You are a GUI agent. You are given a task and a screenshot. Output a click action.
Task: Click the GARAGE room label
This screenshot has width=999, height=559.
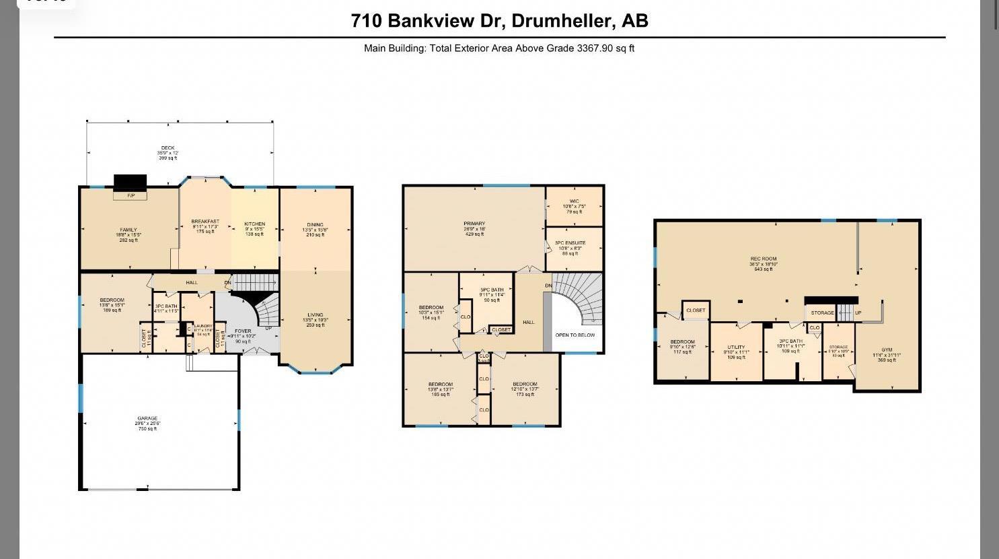pyautogui.click(x=149, y=418)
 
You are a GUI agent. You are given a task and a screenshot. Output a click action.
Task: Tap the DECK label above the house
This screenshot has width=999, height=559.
pyautogui.click(x=168, y=148)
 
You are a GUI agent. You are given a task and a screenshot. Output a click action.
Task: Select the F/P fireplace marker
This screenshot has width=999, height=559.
pyautogui.click(x=131, y=195)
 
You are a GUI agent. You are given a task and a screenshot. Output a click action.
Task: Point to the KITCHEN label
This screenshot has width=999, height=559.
pyautogui.click(x=254, y=224)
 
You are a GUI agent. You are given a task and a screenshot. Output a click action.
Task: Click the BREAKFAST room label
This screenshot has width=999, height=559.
pyautogui.click(x=205, y=222)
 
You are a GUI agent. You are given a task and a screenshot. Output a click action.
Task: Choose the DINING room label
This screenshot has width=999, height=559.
pyautogui.click(x=315, y=225)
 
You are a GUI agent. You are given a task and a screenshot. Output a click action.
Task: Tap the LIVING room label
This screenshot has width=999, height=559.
pyautogui.click(x=315, y=315)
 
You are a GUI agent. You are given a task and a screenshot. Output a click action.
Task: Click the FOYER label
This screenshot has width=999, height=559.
pyautogui.click(x=243, y=331)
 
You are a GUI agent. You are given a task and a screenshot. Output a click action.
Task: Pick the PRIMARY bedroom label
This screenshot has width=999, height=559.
pyautogui.click(x=474, y=224)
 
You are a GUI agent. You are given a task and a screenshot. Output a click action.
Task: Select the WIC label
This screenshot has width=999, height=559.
pyautogui.click(x=574, y=201)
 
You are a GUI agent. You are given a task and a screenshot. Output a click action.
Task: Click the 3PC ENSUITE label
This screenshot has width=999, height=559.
pyautogui.click(x=570, y=242)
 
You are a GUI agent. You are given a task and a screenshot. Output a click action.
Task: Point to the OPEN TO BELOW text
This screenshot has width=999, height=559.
pyautogui.click(x=575, y=335)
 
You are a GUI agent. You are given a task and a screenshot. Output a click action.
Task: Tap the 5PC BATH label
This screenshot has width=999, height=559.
pyautogui.click(x=492, y=290)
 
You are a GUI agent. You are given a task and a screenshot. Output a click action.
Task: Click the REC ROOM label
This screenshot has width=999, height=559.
pyautogui.click(x=764, y=259)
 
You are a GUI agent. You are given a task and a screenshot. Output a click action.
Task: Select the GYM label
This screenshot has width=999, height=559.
pyautogui.click(x=887, y=350)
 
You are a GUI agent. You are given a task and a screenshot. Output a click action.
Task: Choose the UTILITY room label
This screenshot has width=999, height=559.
pyautogui.click(x=736, y=347)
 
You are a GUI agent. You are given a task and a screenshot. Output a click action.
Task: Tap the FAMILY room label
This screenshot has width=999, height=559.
pyautogui.click(x=128, y=230)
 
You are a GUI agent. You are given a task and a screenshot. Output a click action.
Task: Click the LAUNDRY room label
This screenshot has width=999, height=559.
pyautogui.click(x=203, y=326)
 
